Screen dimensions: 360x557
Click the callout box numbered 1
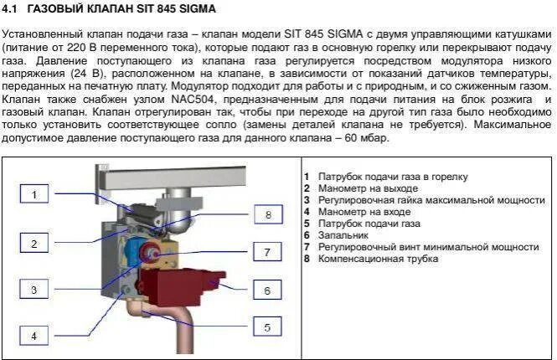(34, 195)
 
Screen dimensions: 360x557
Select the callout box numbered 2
(34, 244)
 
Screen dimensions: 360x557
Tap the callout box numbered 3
(34, 291)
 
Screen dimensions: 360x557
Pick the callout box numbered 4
(34, 336)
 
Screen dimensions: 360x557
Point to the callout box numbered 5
(267, 327)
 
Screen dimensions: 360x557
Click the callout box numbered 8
(267, 214)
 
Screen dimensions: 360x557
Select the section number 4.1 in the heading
(12, 10)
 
